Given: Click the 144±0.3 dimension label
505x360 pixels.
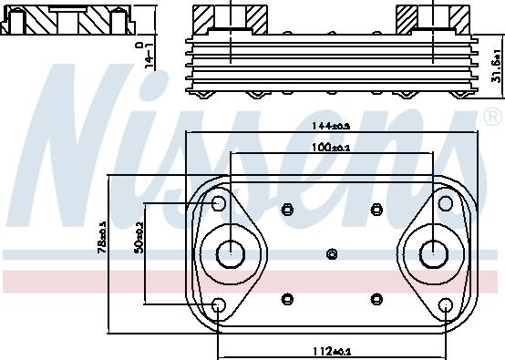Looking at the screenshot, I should (333, 127).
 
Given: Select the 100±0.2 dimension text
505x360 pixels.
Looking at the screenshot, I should (333, 147).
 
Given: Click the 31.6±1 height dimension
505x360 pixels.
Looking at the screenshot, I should (495, 67).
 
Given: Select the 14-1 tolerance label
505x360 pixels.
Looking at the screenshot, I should (147, 52).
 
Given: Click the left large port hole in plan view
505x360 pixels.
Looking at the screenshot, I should (232, 252).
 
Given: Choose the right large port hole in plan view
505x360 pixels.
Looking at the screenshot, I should (431, 252).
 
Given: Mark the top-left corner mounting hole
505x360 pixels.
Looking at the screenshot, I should (219, 202).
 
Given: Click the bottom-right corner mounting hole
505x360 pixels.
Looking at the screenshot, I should (446, 304).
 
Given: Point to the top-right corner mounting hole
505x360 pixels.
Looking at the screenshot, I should (446, 202).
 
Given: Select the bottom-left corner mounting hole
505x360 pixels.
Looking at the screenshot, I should (219, 304).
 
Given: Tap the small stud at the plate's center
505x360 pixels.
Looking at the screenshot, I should (332, 253).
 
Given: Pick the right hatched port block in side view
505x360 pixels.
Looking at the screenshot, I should (432, 18).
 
